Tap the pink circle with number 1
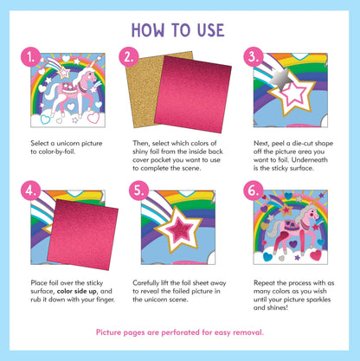tap(32, 59)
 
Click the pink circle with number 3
tap(254, 59)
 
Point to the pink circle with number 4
tap(32, 189)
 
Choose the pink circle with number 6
tap(254, 189)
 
